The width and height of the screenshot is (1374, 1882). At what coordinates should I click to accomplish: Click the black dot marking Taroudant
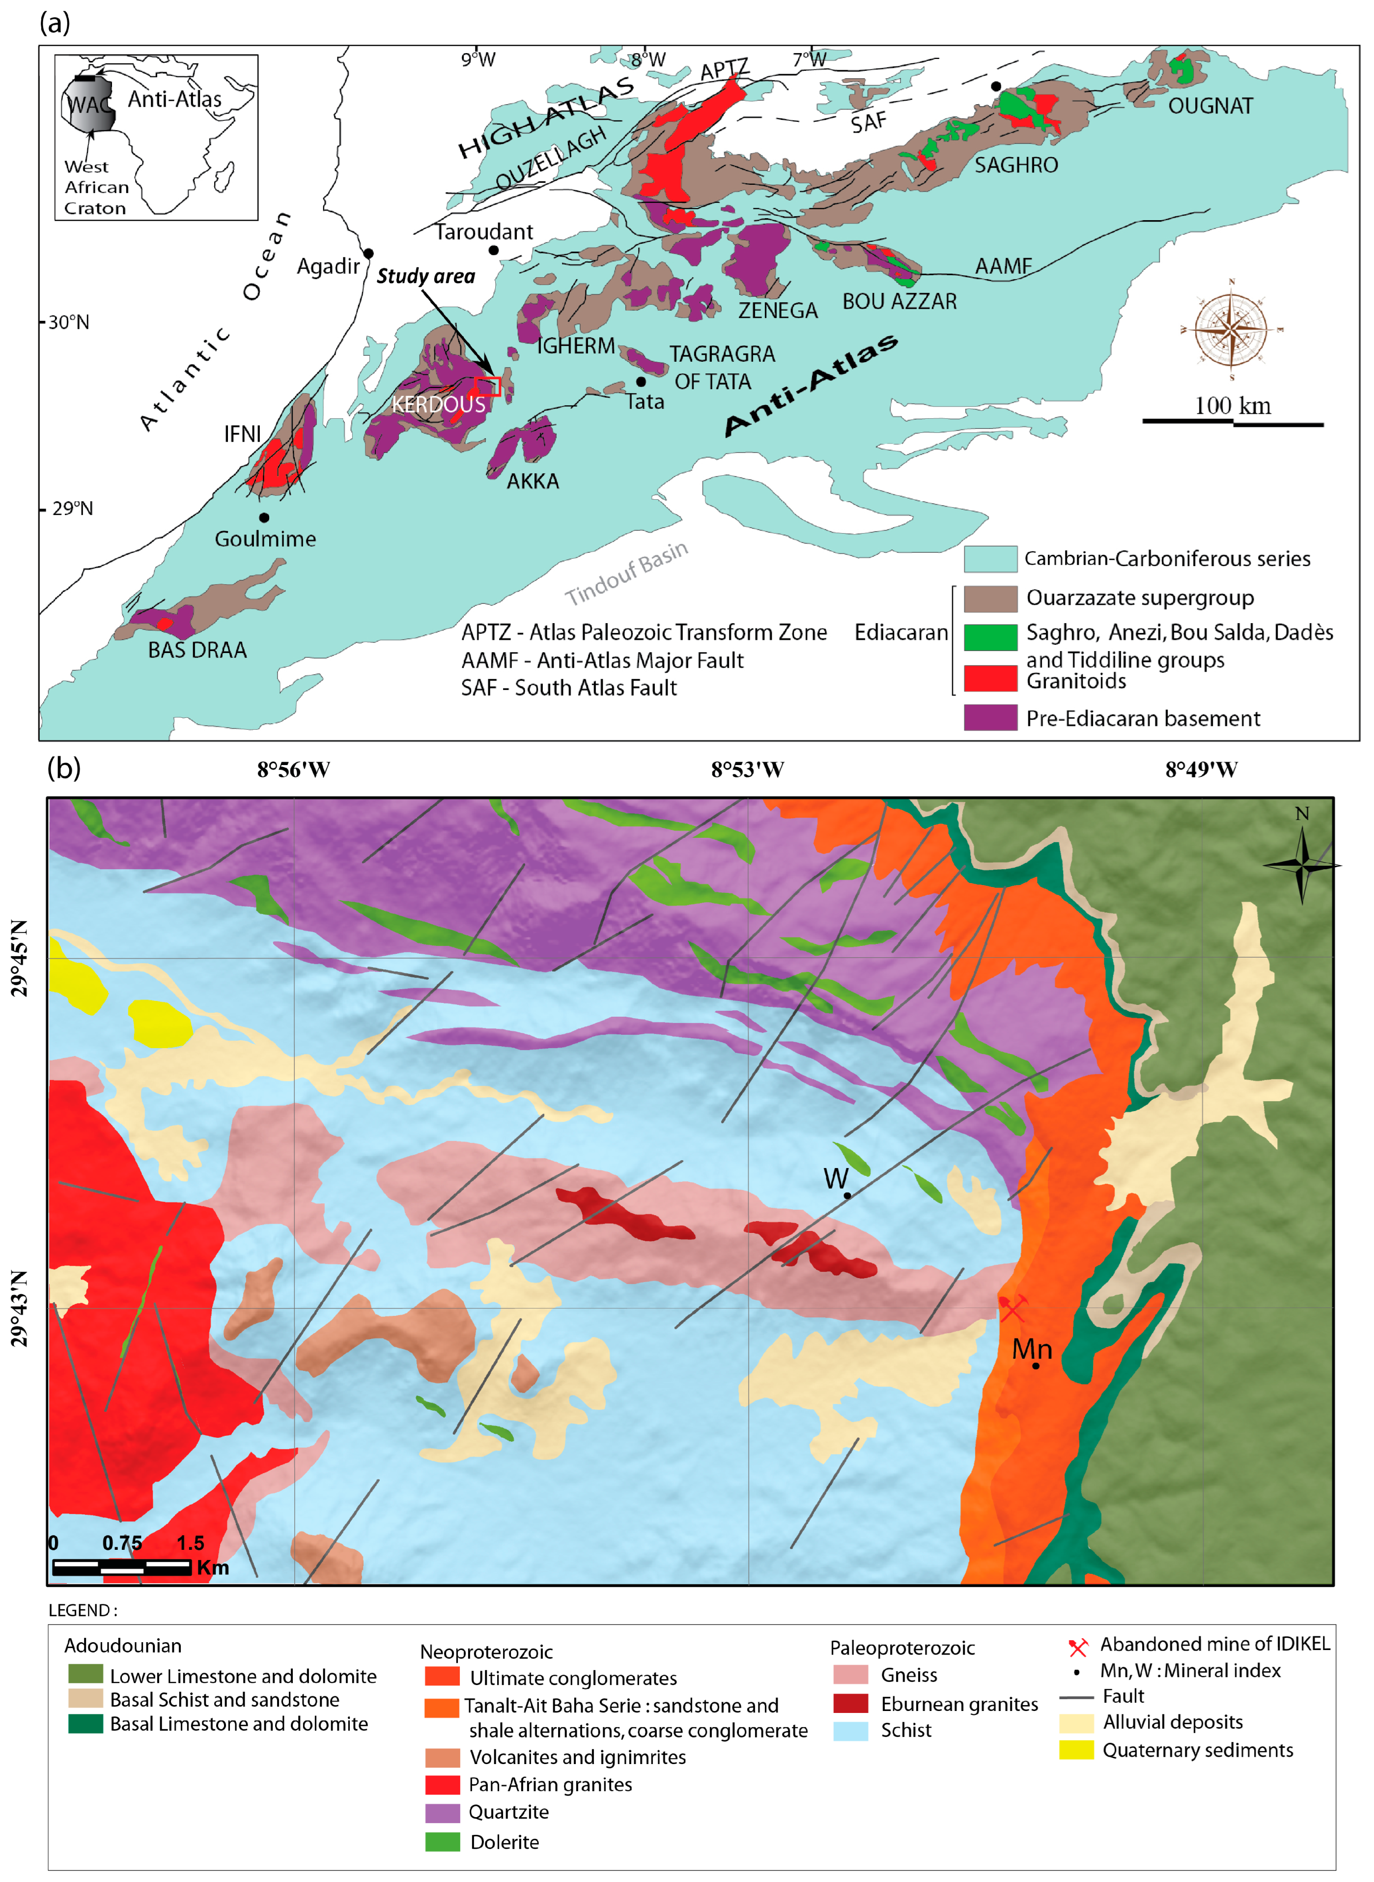click(x=493, y=250)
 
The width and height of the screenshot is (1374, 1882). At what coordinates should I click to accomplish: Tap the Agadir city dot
click(x=368, y=253)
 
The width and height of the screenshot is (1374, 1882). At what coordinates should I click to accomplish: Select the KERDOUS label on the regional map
click(x=438, y=404)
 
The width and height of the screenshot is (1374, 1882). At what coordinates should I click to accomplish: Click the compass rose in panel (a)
click(x=1231, y=330)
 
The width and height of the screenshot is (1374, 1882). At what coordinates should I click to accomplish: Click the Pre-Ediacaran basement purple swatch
click(x=990, y=717)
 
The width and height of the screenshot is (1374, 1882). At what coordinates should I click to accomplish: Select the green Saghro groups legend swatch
click(x=990, y=636)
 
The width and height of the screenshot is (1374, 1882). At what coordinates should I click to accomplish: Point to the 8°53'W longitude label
click(x=747, y=770)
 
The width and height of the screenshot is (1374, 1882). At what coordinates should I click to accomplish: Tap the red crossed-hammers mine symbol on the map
click(x=1012, y=1308)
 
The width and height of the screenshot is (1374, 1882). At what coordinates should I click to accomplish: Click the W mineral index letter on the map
click(x=835, y=1178)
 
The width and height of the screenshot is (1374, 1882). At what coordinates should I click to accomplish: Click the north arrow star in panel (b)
click(x=1302, y=865)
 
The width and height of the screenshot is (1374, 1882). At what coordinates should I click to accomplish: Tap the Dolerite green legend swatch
click(x=443, y=1841)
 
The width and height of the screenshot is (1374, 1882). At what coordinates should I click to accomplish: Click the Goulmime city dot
click(x=264, y=517)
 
